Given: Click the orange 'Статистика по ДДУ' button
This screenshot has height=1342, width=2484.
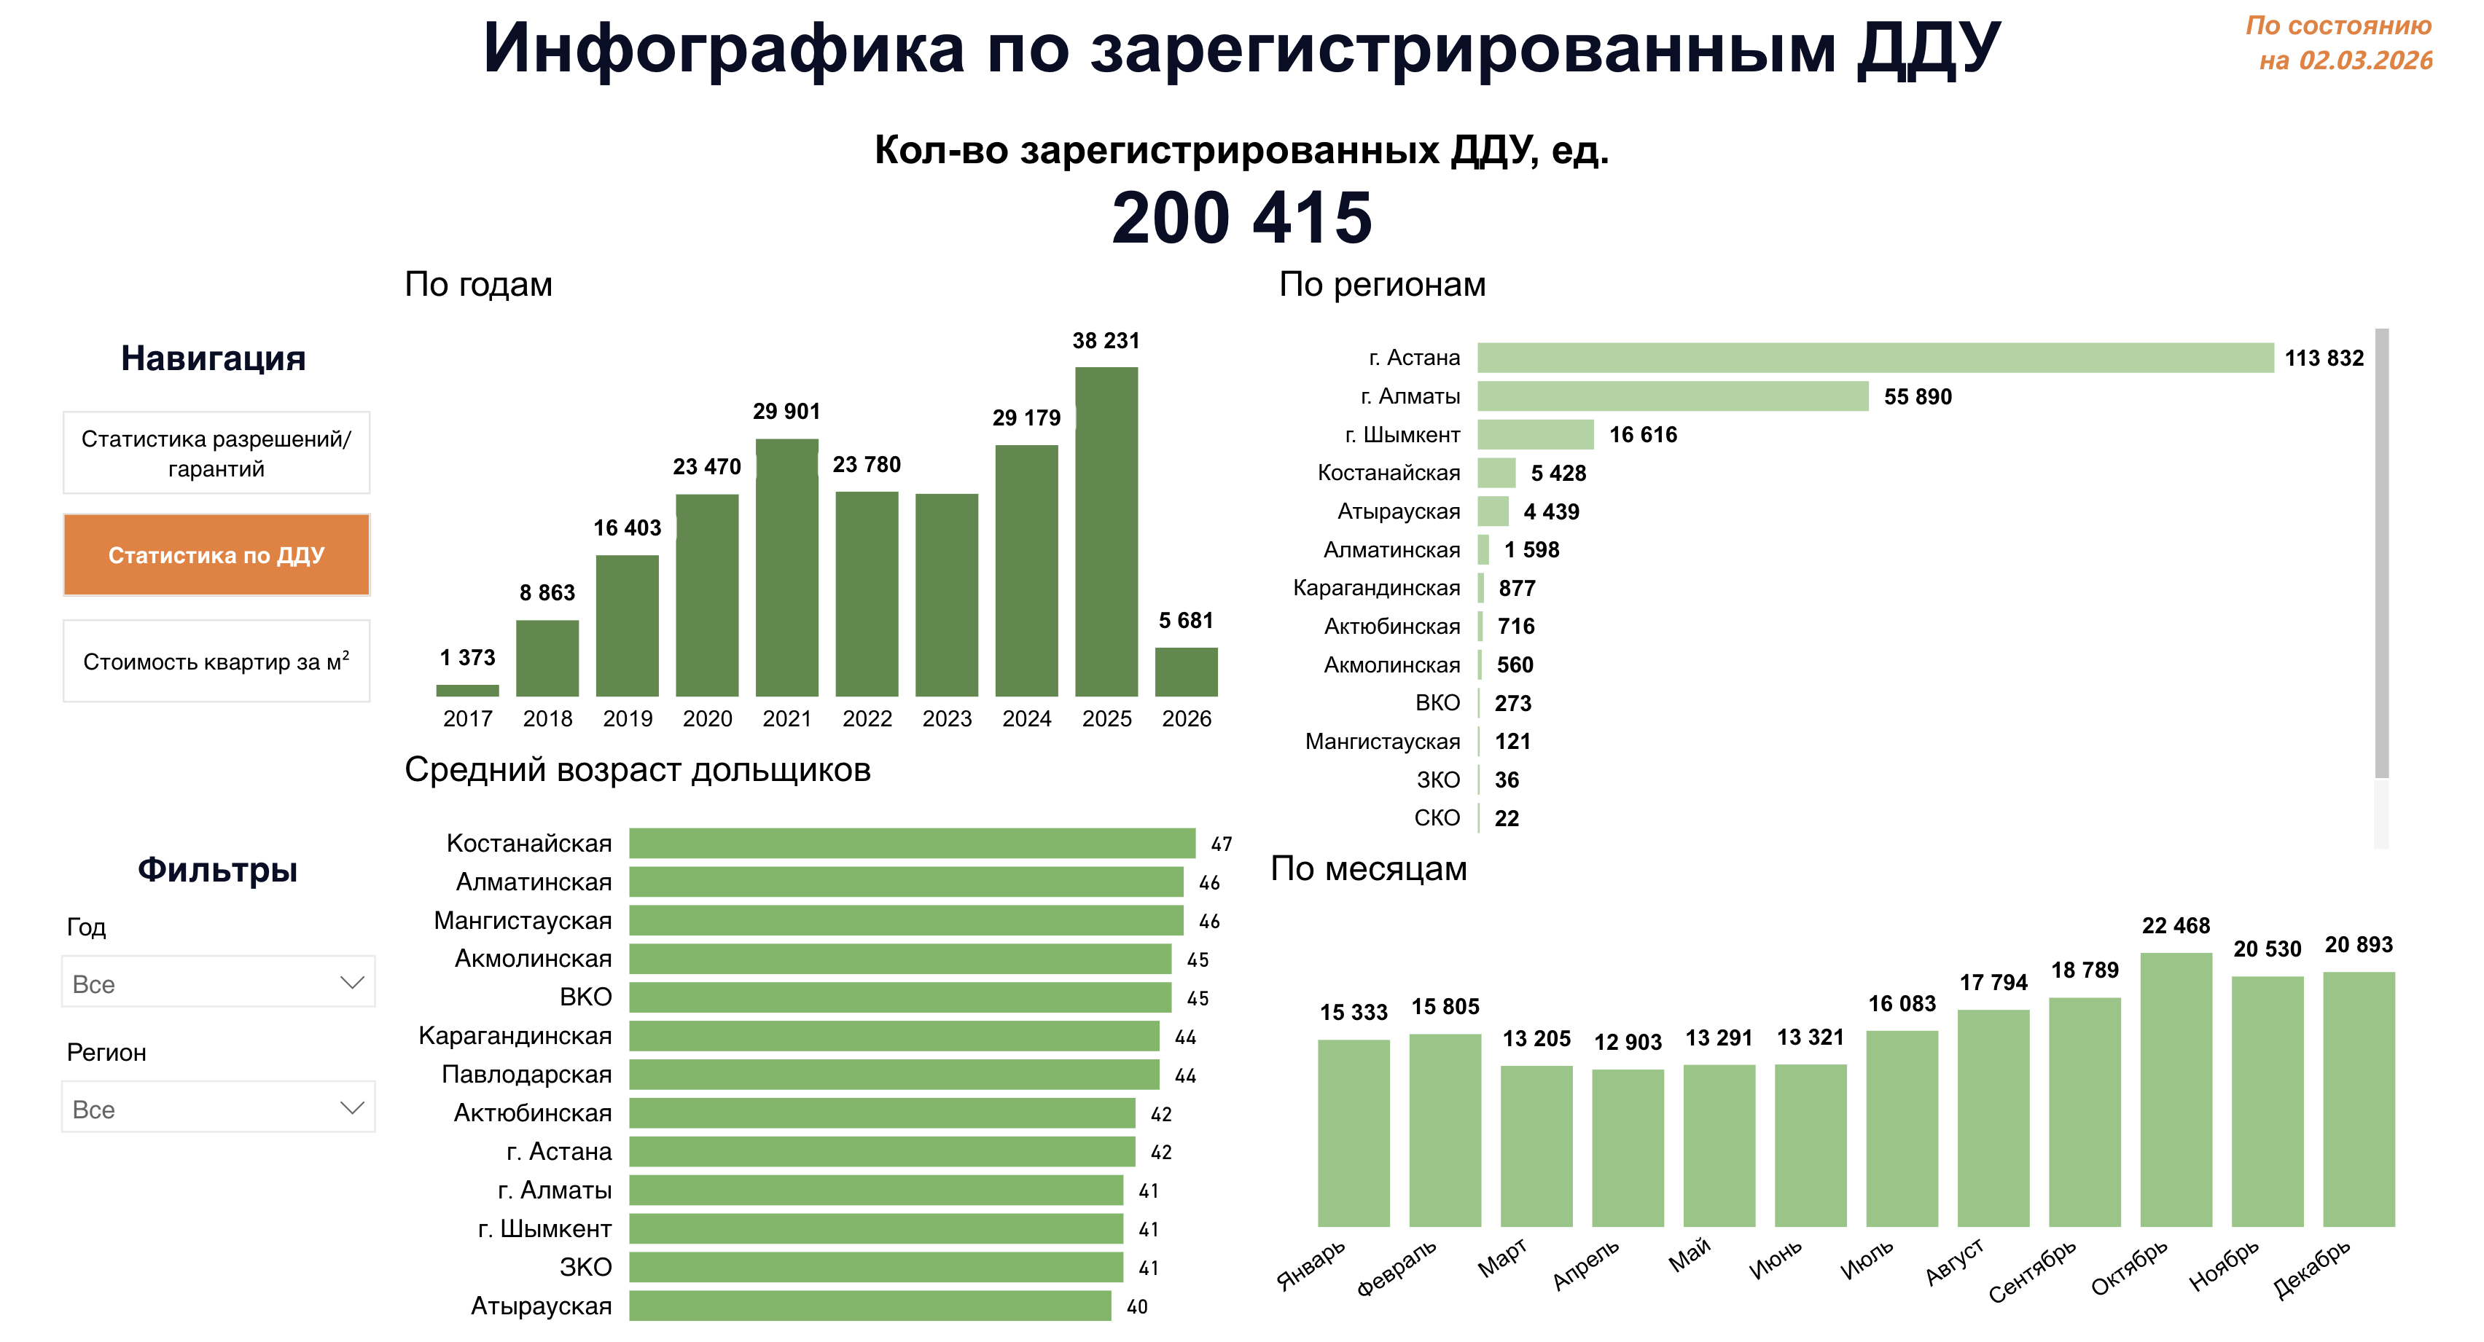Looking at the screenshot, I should point(216,554).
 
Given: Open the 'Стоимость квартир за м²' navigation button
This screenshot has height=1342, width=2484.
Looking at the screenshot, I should point(216,662).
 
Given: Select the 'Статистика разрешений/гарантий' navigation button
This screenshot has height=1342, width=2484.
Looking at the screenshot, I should point(216,453).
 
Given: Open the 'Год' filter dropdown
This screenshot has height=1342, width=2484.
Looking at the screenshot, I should point(218,982).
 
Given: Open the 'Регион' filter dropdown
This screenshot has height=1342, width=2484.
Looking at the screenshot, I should point(218,1107).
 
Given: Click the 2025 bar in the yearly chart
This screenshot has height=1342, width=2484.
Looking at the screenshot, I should point(1106,530).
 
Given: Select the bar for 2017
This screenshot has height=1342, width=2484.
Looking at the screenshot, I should point(468,690).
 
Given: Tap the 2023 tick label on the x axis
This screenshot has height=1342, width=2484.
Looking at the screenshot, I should point(946,718).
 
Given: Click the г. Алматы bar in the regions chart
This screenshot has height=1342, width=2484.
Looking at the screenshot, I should point(1672,396).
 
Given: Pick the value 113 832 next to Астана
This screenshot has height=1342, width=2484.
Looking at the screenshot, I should point(2324,358).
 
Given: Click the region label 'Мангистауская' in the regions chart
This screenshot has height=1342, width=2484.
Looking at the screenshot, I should point(1382,742).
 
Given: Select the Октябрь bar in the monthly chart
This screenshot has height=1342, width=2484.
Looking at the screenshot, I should point(2176,1089).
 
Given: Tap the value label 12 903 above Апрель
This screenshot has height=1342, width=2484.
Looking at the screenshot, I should point(1628,1042).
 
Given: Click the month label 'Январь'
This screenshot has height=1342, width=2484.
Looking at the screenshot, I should point(1311,1265).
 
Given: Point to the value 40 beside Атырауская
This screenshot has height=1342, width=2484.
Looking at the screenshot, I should point(1137,1306).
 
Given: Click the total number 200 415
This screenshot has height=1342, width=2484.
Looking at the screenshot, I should point(1241,218).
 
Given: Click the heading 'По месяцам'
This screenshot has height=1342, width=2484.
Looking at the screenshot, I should point(1368,868).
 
